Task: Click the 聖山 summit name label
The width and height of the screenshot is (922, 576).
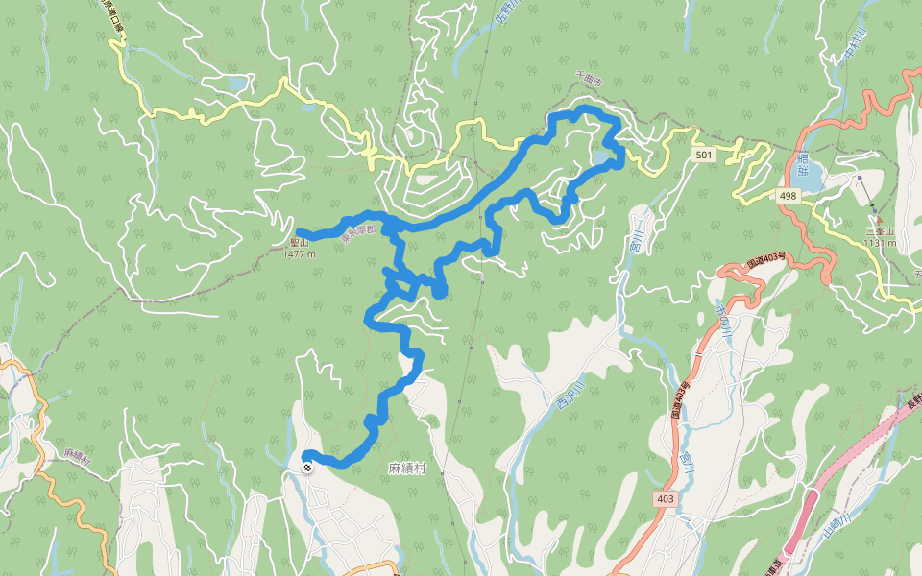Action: [299, 244]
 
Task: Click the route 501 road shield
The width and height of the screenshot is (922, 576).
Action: [704, 155]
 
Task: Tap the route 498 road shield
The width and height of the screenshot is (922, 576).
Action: [788, 196]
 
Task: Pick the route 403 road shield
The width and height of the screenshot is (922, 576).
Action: [666, 499]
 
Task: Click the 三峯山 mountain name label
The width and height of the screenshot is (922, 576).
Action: [879, 231]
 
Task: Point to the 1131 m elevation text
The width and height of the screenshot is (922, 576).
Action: [879, 243]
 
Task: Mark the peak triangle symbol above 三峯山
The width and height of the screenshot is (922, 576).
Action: [878, 220]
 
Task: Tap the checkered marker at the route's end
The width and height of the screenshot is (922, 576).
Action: [306, 468]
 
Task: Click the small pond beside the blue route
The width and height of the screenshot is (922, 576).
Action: [602, 156]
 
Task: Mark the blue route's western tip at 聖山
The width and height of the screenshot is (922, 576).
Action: [299, 232]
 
